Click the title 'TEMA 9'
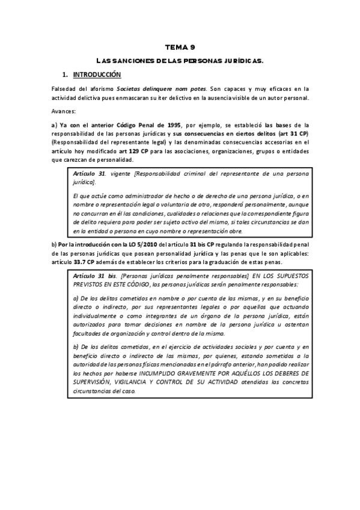pyautogui.click(x=180, y=47)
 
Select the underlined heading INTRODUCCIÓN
pyautogui.click(x=97, y=75)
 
